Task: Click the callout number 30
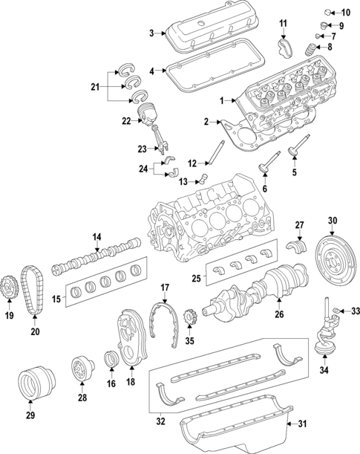click(x=333, y=220)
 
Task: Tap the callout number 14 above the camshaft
click(x=96, y=237)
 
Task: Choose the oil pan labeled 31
click(x=238, y=430)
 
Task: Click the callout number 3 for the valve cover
click(x=151, y=33)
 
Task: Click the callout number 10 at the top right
click(x=346, y=13)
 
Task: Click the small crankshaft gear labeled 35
click(x=189, y=320)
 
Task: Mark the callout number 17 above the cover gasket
click(x=166, y=286)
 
